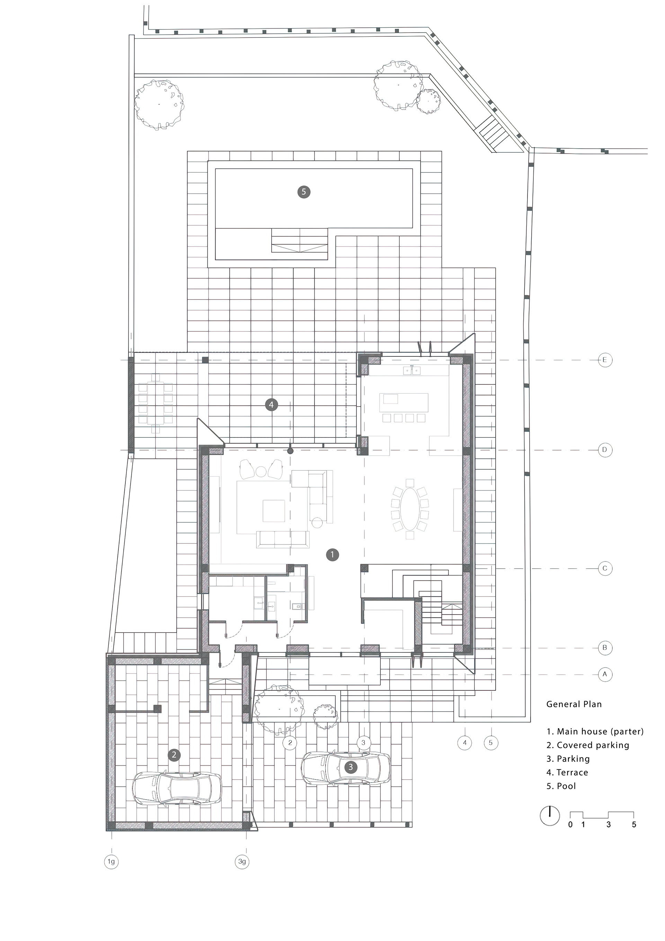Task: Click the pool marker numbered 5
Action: click(304, 192)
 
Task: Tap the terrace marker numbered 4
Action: click(271, 405)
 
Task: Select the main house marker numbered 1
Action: click(332, 555)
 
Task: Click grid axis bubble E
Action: click(605, 360)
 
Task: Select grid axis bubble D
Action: click(605, 450)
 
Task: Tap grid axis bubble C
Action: click(605, 568)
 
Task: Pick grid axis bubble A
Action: click(605, 674)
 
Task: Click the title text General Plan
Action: click(574, 704)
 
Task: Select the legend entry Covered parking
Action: click(588, 745)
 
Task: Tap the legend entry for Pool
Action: click(561, 786)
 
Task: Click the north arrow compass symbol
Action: click(550, 816)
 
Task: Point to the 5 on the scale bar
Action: click(634, 825)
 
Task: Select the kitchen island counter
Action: click(404, 403)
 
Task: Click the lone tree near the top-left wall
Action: click(159, 105)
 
